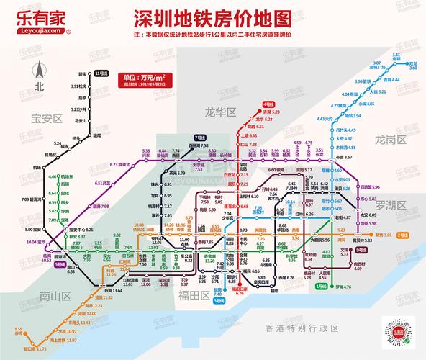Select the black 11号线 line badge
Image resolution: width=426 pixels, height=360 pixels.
(102, 73)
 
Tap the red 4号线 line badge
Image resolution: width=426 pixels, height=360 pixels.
(268, 104)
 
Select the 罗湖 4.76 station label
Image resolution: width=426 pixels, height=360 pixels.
(342, 287)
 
